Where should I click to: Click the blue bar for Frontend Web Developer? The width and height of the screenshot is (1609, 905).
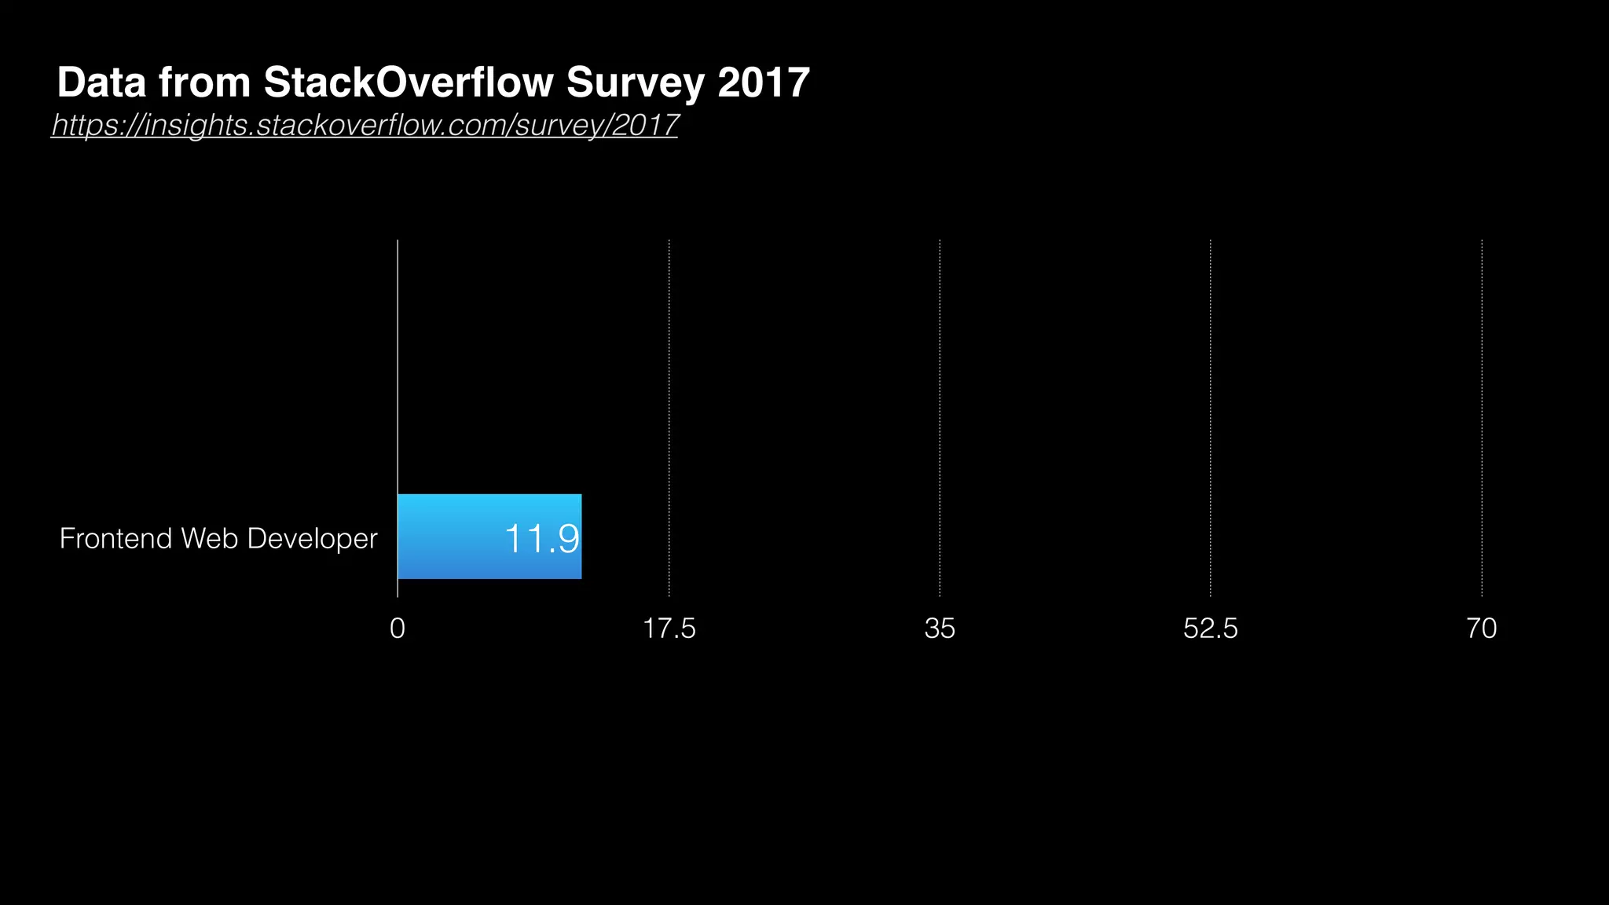coord(448,537)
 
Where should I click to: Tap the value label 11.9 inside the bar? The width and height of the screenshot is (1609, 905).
coord(541,539)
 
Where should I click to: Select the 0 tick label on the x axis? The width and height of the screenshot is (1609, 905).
coord(398,628)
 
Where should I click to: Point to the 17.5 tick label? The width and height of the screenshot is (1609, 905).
coord(669,628)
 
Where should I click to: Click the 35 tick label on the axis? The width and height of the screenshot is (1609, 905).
coord(940,628)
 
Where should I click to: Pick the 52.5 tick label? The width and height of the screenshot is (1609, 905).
coord(1210,628)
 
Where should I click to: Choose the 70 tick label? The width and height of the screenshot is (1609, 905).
coord(1481,628)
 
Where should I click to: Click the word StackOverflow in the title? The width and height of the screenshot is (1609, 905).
coord(409,82)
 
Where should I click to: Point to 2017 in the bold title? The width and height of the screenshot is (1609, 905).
coord(763,82)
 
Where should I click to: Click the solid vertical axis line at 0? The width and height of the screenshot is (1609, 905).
coord(398,354)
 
